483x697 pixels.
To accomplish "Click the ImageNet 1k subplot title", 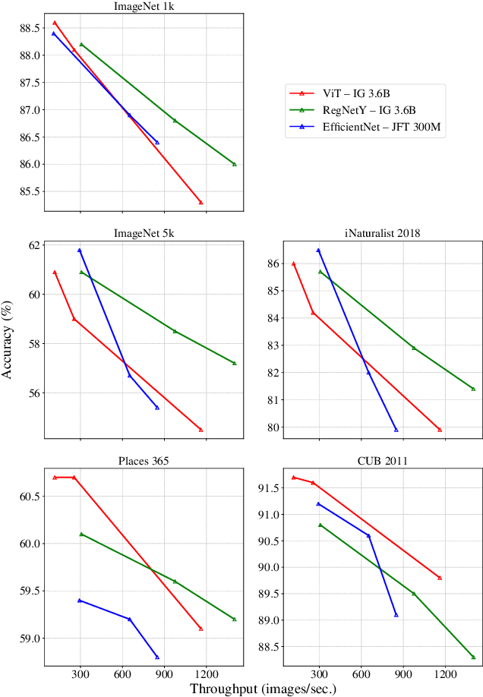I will (x=144, y=8).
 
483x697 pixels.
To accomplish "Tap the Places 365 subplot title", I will (x=144, y=460).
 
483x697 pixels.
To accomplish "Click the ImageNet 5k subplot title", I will (x=144, y=232).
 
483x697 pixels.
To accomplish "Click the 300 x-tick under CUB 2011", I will (x=320, y=673).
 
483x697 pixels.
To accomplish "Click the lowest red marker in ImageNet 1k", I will (x=201, y=203).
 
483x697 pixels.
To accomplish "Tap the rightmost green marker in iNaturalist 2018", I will (x=473, y=389).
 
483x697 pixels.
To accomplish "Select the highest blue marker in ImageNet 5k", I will (x=79, y=250).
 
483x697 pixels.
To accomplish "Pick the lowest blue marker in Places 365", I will (x=157, y=657).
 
